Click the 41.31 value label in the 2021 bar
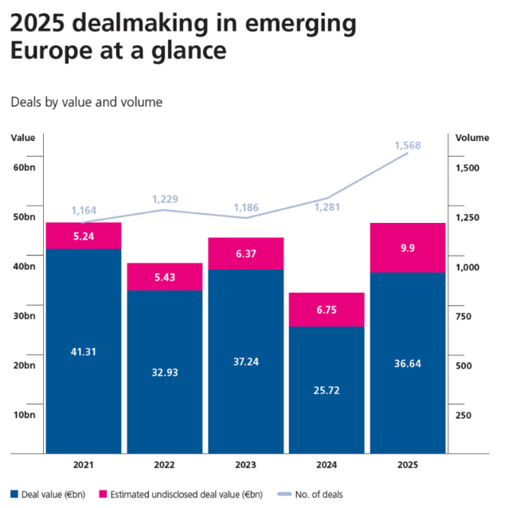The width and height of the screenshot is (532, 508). (83, 352)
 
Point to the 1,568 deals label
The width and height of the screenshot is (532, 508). (407, 145)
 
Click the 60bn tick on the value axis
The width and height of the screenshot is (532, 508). (24, 167)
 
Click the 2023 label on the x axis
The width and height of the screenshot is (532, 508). (245, 465)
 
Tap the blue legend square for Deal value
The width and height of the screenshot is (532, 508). (15, 494)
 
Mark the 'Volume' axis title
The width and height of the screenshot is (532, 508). (472, 138)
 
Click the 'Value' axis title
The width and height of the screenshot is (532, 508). (23, 138)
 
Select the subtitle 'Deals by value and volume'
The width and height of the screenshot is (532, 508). (87, 102)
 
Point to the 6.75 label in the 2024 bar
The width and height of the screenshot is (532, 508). (326, 310)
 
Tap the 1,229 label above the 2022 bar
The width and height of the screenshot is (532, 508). (166, 199)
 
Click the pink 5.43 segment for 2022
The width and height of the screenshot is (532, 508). (164, 276)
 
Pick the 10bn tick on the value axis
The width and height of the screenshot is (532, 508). (24, 415)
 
